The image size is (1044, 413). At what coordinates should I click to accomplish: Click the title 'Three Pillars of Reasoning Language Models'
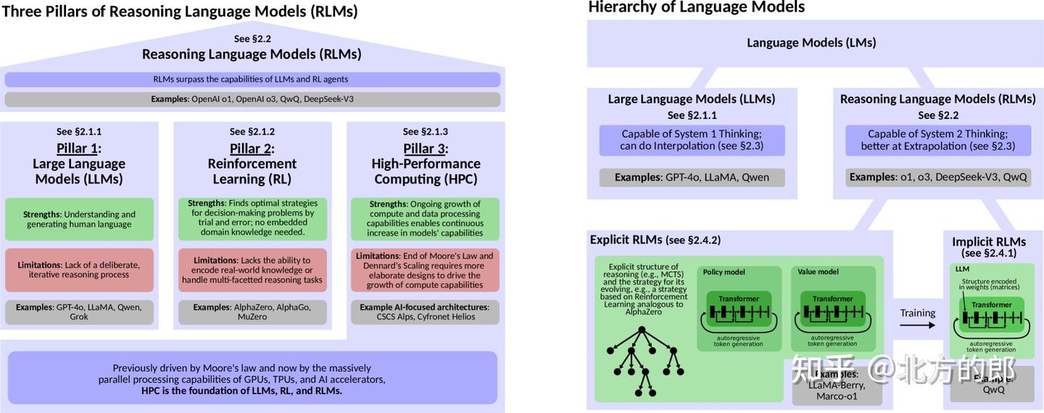179,12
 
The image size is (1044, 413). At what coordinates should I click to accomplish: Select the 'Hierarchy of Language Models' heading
696,7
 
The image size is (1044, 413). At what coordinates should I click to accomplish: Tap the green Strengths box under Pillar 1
79,219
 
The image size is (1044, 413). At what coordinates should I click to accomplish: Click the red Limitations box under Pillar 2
252,270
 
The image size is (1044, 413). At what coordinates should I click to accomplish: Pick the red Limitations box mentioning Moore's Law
425,270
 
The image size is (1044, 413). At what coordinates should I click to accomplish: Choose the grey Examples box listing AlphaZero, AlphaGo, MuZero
252,312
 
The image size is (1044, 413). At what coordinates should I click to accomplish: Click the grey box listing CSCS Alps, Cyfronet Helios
425,312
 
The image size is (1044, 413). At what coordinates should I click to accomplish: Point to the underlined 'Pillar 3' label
425,149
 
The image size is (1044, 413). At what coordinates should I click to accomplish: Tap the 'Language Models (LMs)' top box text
811,42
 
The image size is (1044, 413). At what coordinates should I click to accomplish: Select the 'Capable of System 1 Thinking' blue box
692,140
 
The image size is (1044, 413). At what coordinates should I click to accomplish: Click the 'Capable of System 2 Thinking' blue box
937,140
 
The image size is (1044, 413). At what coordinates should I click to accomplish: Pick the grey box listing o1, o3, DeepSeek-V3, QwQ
937,177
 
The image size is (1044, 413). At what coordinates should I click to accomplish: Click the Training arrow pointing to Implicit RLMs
918,325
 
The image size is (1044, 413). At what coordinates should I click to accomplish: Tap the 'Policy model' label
724,272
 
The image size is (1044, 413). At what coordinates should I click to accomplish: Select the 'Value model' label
818,272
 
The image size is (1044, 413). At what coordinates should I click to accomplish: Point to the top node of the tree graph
642,330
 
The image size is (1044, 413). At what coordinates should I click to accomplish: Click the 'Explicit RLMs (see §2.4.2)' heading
655,240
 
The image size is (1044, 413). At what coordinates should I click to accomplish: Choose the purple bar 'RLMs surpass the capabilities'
252,79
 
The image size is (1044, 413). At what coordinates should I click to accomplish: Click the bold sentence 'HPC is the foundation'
241,391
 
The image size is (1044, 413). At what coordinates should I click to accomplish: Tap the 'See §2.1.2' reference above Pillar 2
252,131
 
